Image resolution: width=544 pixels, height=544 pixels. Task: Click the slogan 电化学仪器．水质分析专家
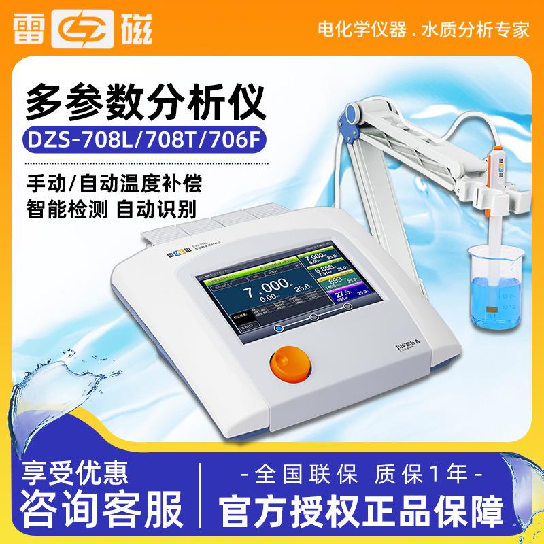coord(424,31)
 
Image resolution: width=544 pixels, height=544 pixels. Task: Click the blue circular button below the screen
coord(278,328)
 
